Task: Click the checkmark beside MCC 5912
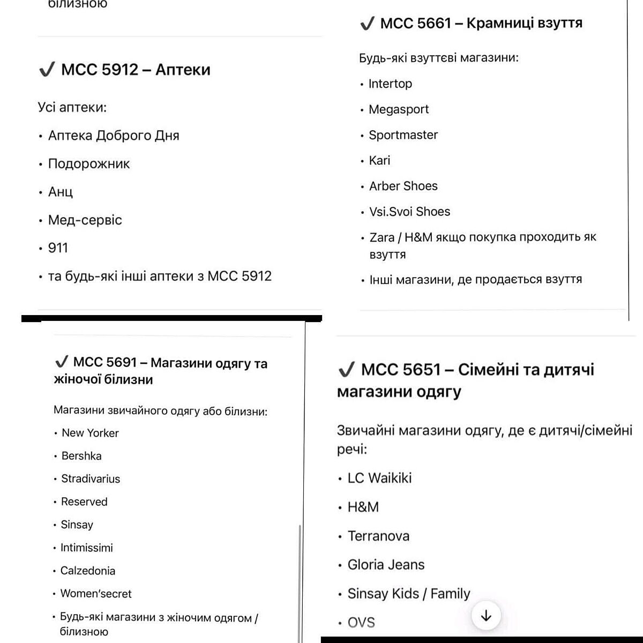click(x=47, y=70)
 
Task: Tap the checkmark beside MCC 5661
click(x=367, y=24)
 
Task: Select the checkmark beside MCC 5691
click(x=61, y=362)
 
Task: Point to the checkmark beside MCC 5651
click(x=347, y=369)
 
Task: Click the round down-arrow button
click(x=486, y=616)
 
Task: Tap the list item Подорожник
click(x=89, y=164)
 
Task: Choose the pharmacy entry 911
click(x=58, y=248)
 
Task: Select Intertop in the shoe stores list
click(x=390, y=84)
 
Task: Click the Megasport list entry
click(x=399, y=109)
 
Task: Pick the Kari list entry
click(x=379, y=160)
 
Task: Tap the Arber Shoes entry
click(x=403, y=186)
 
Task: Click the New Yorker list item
click(x=90, y=433)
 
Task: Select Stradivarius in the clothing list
click(x=91, y=479)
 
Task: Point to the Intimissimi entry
click(x=87, y=548)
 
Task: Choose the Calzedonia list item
click(x=88, y=571)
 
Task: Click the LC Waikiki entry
click(x=379, y=478)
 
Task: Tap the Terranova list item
click(x=378, y=536)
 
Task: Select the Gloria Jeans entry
click(x=386, y=565)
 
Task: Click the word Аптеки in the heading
click(x=183, y=70)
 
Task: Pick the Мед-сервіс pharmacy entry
click(x=85, y=220)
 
